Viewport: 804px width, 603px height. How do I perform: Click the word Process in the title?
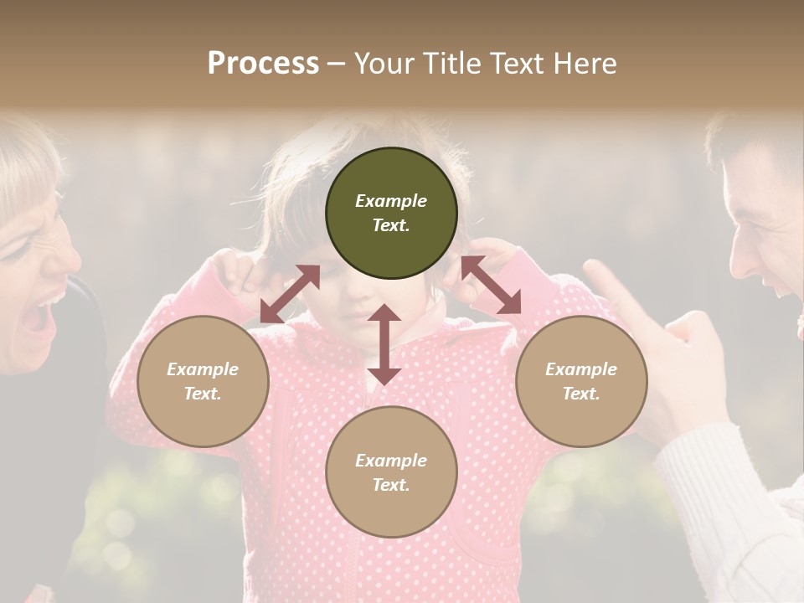click(x=263, y=64)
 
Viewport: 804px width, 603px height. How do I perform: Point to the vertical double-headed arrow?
click(x=384, y=344)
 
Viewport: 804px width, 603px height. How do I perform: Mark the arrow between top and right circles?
click(x=491, y=285)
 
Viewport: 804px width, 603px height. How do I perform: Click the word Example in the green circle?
click(x=391, y=201)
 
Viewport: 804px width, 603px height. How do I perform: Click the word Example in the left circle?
click(x=203, y=369)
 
